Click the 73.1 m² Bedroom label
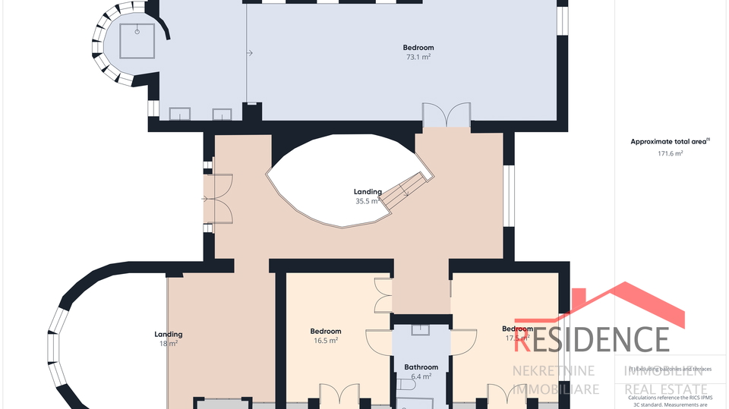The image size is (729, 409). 418,52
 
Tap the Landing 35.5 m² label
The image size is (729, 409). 368,197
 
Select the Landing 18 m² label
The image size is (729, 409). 168,338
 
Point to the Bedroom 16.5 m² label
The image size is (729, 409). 326,335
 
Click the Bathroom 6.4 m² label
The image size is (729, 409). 421,371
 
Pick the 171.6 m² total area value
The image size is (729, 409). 670,153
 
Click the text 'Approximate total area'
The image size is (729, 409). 668,141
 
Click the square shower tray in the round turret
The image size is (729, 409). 137,41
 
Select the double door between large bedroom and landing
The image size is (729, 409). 445,116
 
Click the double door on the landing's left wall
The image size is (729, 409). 219,199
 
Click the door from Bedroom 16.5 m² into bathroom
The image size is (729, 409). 380,342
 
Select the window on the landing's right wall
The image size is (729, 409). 510,196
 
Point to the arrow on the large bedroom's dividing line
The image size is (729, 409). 249,53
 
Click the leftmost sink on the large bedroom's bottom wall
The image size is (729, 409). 180,114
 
